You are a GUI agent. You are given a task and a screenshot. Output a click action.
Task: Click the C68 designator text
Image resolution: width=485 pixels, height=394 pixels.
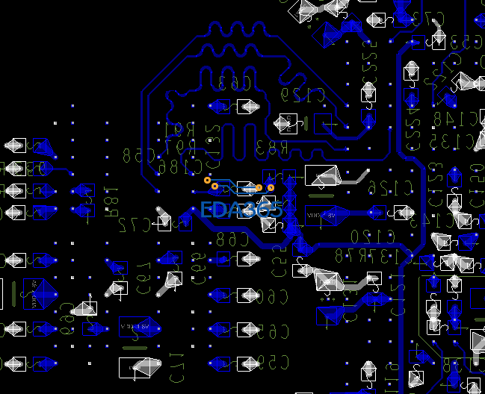(x=231, y=240)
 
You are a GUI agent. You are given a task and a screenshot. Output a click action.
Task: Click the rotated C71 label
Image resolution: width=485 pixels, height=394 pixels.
(x=177, y=366)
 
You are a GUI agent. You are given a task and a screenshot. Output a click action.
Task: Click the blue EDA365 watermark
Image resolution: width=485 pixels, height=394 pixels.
(x=241, y=210)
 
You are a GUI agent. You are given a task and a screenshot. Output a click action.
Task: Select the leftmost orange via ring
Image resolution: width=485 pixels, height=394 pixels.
(x=207, y=180)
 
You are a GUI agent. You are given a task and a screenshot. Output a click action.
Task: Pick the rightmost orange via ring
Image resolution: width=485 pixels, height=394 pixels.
(x=271, y=187)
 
